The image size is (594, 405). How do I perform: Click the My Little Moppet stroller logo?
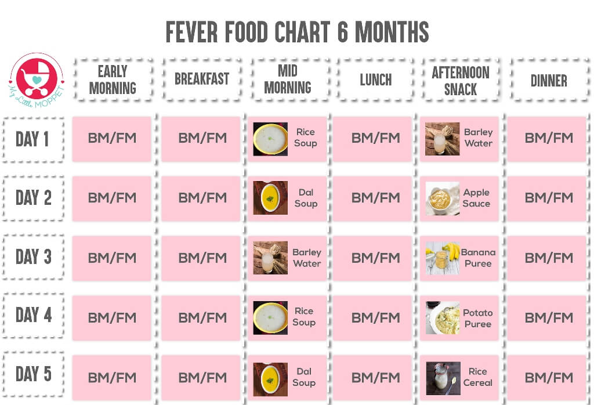[36, 78]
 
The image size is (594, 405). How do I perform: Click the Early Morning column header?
[113, 79]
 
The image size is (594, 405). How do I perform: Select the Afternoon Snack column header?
[461, 80]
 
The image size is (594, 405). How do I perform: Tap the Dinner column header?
[548, 80]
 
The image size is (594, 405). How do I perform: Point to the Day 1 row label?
[32, 139]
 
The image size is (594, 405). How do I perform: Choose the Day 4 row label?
[33, 315]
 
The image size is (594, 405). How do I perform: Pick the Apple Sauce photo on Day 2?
[443, 198]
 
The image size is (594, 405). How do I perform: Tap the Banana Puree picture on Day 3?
[443, 258]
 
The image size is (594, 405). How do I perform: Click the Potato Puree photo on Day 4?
[443, 318]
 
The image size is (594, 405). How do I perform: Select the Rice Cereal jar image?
[443, 378]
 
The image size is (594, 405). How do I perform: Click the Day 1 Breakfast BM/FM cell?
[202, 138]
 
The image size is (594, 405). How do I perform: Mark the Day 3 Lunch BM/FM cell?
[375, 258]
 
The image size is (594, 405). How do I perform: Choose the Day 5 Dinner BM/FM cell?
[548, 378]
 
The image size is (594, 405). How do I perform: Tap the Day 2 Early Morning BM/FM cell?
[112, 198]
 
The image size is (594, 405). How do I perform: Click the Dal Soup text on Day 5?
[305, 377]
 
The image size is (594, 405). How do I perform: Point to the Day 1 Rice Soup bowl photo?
[270, 139]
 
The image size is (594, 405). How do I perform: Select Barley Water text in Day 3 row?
[307, 258]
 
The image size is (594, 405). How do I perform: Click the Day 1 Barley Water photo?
[443, 139]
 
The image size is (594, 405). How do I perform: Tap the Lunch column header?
[375, 80]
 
